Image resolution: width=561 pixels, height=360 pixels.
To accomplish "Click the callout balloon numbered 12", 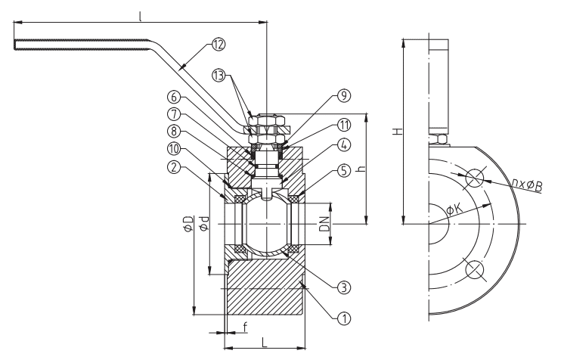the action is [219, 45].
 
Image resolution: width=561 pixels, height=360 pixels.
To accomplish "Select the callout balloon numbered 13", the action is [219, 76].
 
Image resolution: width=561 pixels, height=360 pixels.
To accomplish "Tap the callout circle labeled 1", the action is [344, 318].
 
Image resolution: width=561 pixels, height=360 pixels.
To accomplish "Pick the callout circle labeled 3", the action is [344, 287].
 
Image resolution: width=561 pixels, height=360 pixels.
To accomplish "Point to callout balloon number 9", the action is [344, 95].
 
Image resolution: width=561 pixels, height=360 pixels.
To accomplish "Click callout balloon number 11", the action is [344, 126].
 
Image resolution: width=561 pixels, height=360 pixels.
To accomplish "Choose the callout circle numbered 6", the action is [174, 97].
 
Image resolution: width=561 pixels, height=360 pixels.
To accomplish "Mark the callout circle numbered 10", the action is [174, 149].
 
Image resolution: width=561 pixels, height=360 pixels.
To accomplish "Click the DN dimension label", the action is [324, 224].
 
